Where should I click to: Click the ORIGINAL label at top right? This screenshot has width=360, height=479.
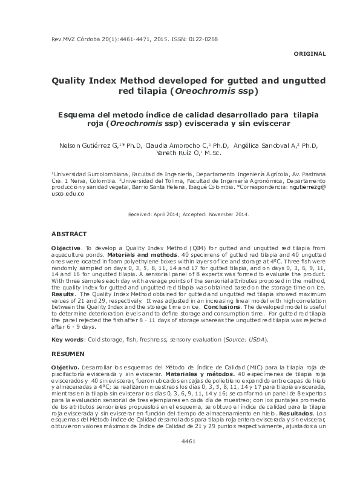(309, 54)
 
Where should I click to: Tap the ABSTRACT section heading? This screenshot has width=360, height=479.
(70, 233)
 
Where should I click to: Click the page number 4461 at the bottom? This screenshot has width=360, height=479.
(188, 458)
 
